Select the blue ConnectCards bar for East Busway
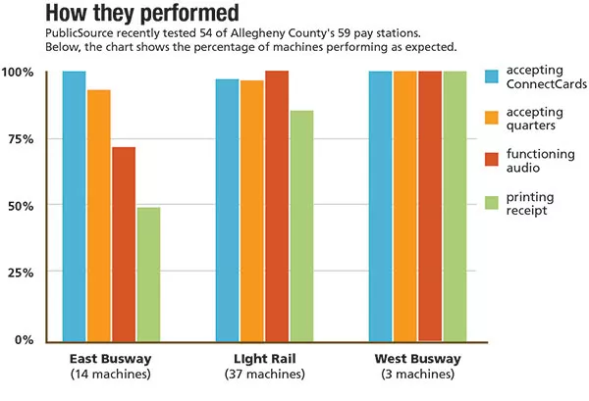click(75, 206)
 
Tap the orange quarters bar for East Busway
click(99, 215)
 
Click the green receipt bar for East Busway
click(148, 274)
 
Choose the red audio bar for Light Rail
click(277, 206)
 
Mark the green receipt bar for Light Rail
click(301, 226)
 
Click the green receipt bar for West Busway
click(455, 206)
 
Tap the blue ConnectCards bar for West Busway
click(380, 206)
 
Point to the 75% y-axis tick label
click(21, 139)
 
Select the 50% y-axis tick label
click(21, 206)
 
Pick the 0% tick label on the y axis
click(24, 339)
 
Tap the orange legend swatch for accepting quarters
click(494, 118)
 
